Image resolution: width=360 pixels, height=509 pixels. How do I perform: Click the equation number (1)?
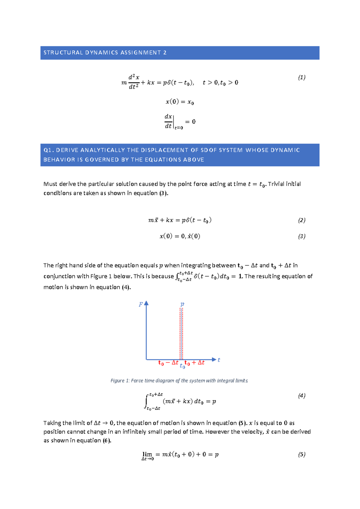(301, 77)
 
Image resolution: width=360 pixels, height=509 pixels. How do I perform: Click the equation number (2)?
(301, 220)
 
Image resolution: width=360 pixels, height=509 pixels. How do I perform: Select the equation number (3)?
(301, 236)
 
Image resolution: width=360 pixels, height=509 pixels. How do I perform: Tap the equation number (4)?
(301, 396)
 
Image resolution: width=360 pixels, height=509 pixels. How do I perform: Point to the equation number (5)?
(301, 454)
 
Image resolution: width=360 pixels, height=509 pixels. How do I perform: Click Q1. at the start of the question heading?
(49, 150)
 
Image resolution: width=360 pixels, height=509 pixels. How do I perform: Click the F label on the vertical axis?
(140, 305)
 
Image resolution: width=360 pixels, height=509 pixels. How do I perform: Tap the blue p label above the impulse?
(182, 304)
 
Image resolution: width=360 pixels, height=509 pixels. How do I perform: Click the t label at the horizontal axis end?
(219, 360)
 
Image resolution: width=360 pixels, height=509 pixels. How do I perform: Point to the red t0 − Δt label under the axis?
(168, 363)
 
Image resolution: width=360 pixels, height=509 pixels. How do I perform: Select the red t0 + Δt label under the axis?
(194, 363)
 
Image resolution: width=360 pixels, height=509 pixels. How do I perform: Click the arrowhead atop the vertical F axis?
(146, 303)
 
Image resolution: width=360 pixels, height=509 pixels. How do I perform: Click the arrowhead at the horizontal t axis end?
(214, 359)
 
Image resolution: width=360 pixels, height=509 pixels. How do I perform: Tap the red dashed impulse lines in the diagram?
(181, 333)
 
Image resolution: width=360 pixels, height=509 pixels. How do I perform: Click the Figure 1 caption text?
(179, 381)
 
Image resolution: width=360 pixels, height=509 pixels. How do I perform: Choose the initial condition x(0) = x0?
(180, 102)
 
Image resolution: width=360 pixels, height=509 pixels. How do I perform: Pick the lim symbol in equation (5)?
(147, 455)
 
